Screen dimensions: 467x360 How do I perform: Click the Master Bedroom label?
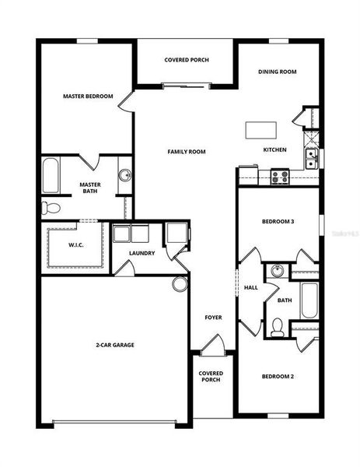click(x=88, y=97)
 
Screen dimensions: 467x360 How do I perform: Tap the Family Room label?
click(x=187, y=152)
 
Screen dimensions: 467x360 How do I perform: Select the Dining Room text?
click(x=278, y=72)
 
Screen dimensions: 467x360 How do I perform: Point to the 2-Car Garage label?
click(x=114, y=344)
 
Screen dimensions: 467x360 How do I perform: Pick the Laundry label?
click(x=142, y=253)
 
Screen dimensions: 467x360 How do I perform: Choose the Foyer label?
click(x=213, y=318)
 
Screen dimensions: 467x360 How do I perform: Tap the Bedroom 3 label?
click(x=278, y=222)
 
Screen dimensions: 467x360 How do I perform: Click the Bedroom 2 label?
click(x=278, y=377)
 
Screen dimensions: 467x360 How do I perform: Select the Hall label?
click(x=251, y=287)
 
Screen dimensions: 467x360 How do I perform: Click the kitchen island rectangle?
click(x=262, y=129)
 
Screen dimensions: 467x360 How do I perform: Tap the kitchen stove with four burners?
click(x=278, y=177)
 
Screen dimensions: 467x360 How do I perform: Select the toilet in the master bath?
click(x=51, y=208)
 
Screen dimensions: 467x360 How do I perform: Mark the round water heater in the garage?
click(x=180, y=283)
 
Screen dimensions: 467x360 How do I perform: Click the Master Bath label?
click(x=91, y=188)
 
